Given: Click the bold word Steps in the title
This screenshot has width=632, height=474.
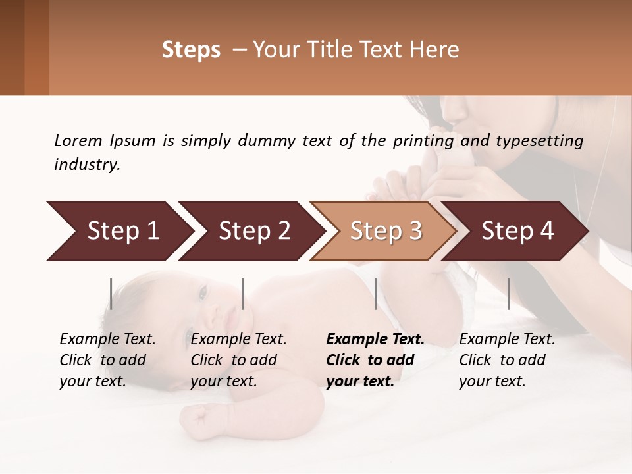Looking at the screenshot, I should (x=191, y=50).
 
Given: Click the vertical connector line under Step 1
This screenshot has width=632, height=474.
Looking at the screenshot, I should (x=111, y=294).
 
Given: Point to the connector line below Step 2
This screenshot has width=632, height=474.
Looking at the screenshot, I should (x=243, y=294).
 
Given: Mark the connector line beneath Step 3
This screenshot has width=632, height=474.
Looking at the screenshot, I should (x=375, y=294).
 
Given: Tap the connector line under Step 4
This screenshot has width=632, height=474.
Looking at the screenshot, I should (x=508, y=294).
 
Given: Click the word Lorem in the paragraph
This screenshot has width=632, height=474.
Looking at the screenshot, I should (x=78, y=141).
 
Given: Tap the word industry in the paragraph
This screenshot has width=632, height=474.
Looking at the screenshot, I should (x=86, y=165).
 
